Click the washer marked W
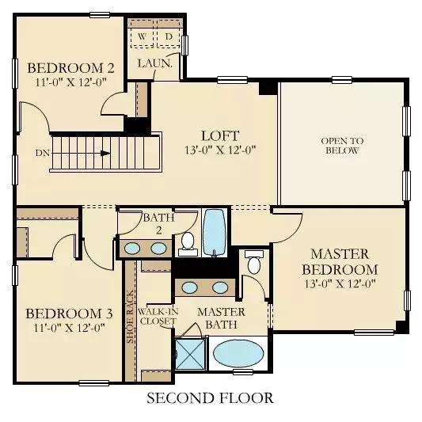(142, 37)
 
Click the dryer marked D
(168, 37)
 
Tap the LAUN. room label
(154, 63)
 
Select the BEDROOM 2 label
(70, 68)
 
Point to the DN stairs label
(43, 153)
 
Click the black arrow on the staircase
(105, 154)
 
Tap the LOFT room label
(220, 136)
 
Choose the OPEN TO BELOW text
(342, 146)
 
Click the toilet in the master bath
(254, 261)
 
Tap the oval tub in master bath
(238, 353)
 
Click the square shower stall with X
(190, 354)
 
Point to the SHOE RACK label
(131, 317)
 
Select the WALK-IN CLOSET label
(158, 316)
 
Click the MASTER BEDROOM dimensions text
(340, 284)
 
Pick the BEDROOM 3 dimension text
(69, 328)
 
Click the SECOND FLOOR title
(210, 397)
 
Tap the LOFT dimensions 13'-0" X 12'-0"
(220, 150)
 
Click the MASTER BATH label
(221, 318)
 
